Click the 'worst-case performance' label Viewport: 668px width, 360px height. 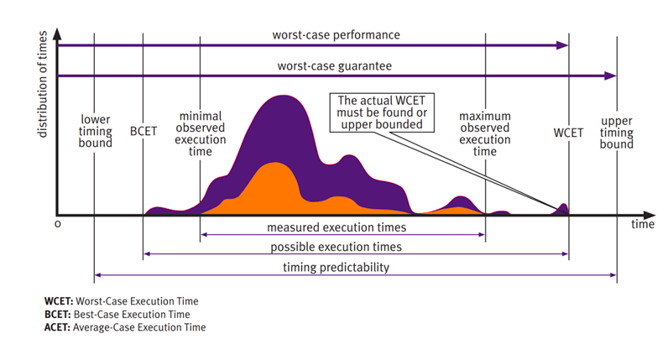[336, 34]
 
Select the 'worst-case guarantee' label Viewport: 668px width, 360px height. [336, 65]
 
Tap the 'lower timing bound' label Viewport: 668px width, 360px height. [96, 132]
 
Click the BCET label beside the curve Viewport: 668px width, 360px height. [144, 133]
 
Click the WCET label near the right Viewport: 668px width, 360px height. [568, 133]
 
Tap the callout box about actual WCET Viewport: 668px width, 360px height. [383, 112]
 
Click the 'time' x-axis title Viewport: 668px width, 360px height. [642, 225]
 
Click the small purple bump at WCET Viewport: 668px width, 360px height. [563, 208]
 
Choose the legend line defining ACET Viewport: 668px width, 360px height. [124, 327]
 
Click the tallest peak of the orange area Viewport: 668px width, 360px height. [274, 166]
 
